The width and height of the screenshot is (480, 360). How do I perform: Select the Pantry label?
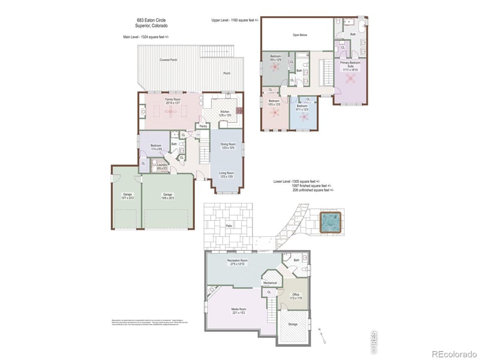203,126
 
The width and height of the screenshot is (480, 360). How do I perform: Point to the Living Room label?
226,173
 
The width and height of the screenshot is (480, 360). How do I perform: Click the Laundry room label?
161,166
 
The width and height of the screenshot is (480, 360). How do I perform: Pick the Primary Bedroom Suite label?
350,65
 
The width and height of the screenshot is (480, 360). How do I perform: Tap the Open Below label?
300,35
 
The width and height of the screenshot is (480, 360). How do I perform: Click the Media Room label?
240,311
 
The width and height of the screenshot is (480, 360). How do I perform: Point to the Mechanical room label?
270,283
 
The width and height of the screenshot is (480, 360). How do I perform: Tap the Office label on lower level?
296,295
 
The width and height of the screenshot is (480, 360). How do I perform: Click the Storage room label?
293,323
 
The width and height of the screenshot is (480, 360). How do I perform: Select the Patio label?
229,226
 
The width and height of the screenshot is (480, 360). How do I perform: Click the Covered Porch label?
168,60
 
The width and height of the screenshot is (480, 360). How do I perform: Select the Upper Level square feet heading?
235,20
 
